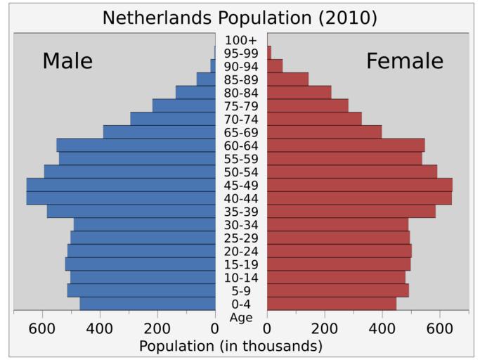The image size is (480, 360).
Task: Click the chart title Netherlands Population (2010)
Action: click(240, 18)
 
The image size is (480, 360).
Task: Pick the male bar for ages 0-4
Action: click(148, 304)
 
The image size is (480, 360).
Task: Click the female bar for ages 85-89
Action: click(287, 79)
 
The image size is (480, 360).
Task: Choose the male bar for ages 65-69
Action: click(160, 131)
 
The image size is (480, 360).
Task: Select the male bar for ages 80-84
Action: click(195, 92)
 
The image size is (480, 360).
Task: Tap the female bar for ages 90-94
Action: click(275, 65)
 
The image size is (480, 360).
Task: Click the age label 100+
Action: click(241, 40)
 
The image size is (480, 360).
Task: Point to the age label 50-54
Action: click(241, 172)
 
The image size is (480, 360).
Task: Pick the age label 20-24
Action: click(241, 252)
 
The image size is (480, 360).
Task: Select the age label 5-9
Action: click(241, 291)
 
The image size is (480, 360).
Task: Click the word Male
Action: click(67, 61)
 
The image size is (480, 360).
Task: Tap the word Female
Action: click(405, 61)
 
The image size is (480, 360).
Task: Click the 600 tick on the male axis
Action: click(42, 328)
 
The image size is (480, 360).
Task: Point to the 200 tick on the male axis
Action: click(157, 328)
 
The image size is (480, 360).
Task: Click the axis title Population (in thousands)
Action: click(231, 346)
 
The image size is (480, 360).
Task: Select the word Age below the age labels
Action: click(241, 318)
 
